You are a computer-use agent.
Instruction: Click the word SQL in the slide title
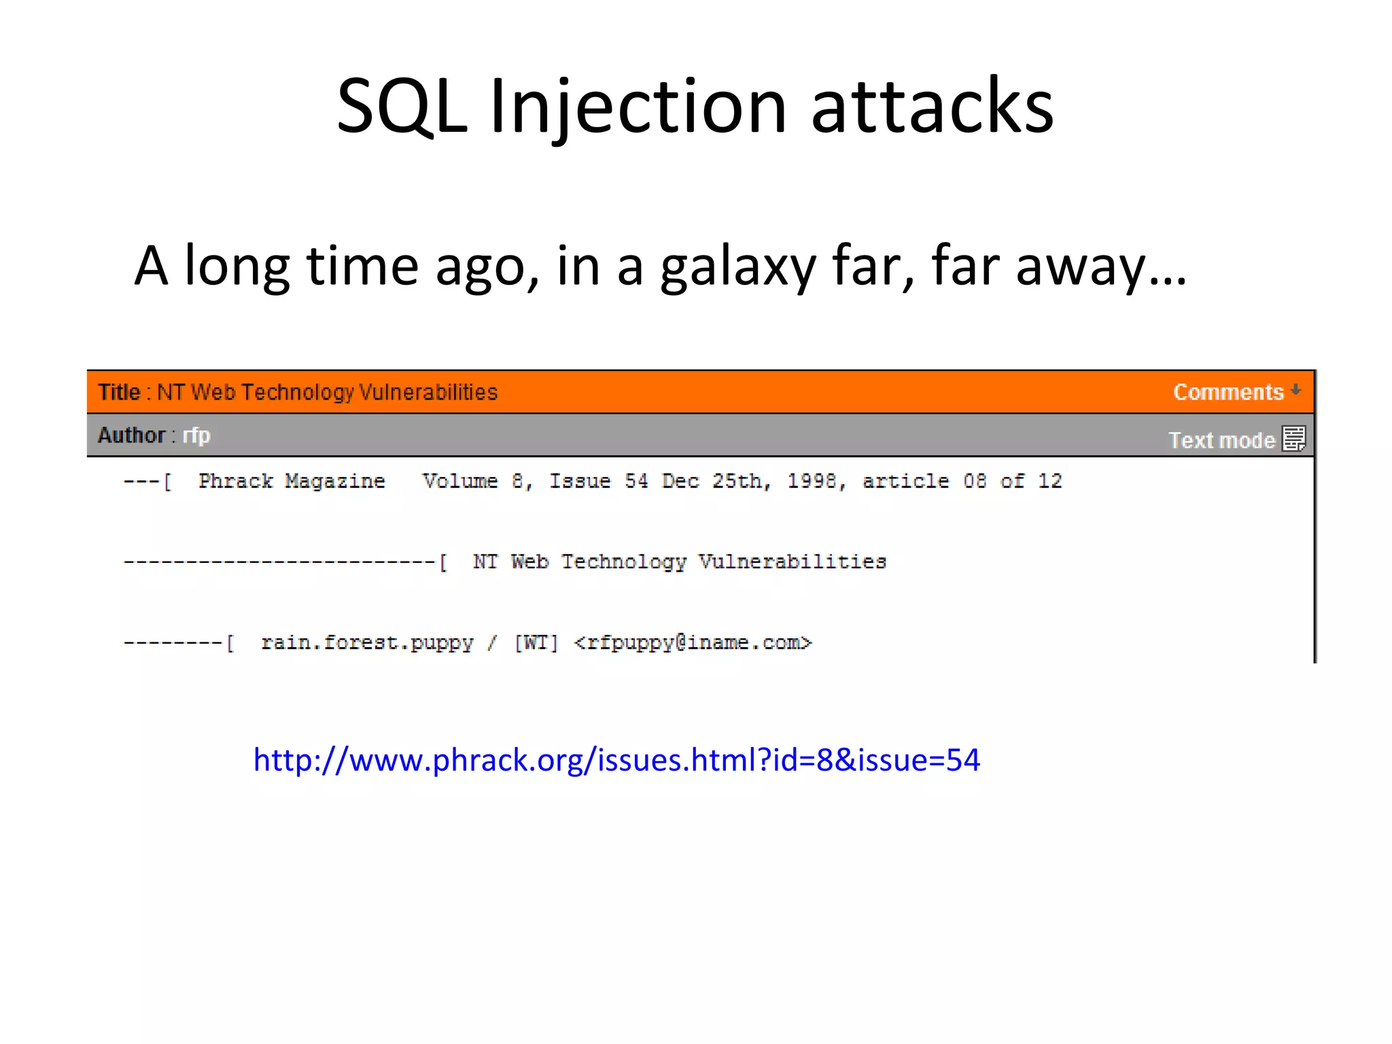(x=402, y=107)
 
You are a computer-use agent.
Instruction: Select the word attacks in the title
(x=932, y=107)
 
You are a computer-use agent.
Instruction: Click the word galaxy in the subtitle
(x=737, y=266)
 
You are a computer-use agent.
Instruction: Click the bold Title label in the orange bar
(x=119, y=392)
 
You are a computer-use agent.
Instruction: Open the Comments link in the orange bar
(x=1228, y=392)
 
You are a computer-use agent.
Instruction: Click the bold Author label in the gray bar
(x=131, y=435)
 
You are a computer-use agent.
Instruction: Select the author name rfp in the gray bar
(x=196, y=435)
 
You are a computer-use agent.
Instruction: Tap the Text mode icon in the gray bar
(x=1293, y=439)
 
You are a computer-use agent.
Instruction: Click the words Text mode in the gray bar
(x=1221, y=440)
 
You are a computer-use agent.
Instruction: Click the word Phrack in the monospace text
(x=235, y=481)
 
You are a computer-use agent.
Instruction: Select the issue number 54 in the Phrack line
(x=636, y=481)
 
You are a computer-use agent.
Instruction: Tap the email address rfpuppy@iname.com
(x=693, y=643)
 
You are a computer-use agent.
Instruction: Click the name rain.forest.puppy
(x=367, y=643)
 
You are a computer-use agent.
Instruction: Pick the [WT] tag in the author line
(x=536, y=643)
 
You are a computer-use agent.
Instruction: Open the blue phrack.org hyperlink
(x=616, y=760)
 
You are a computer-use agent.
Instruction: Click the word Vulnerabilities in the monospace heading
(x=793, y=562)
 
